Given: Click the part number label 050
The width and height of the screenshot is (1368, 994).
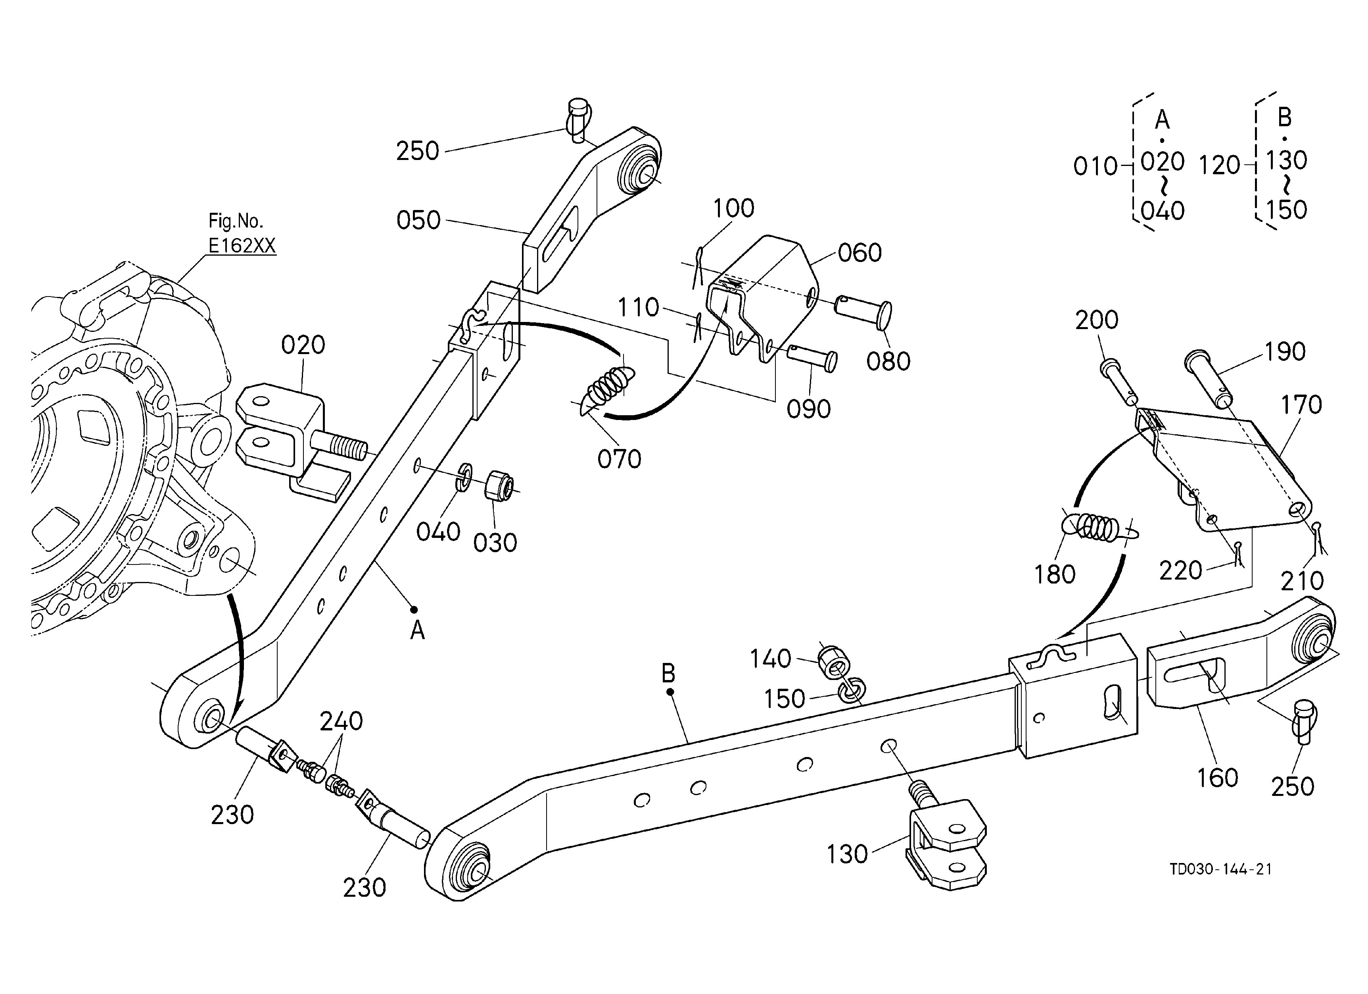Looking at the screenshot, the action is point(418,220).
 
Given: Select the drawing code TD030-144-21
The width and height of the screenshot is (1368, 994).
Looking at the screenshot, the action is point(1221,869).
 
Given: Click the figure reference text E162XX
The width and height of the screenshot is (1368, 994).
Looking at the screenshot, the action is point(242,246).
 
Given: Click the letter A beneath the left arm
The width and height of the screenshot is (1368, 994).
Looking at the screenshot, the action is point(417,631).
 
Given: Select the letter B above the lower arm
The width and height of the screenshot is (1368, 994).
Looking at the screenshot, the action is point(668,672).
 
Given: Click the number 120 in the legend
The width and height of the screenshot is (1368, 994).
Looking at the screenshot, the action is point(1220,166).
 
